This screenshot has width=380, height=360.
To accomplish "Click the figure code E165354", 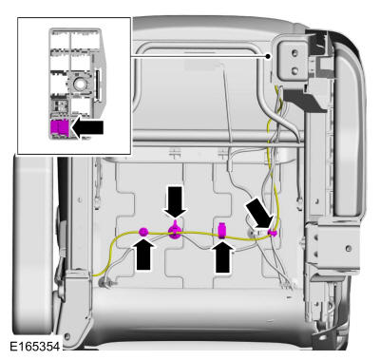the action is pos(34,346).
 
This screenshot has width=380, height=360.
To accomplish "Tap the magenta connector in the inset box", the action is pos(59,128).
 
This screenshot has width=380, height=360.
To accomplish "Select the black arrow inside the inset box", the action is pos(87,128).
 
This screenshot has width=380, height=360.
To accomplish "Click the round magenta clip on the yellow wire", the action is pos(143,233).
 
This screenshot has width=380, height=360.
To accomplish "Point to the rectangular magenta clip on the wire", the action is pos(222,230).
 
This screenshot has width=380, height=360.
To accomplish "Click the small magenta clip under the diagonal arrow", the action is pos(272,234).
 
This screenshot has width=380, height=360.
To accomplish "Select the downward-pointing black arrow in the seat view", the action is pos(175,202).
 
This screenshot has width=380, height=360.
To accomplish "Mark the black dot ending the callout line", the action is pos(268,56).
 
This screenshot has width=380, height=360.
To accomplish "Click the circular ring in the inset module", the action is pos(79,84).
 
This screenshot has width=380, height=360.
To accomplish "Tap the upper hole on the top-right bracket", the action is pos(294,52).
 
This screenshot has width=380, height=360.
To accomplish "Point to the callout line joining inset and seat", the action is pos(199,56).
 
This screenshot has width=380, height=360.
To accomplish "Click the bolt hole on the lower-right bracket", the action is pos(349,248).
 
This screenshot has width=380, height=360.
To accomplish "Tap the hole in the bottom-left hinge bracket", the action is pos(66,335).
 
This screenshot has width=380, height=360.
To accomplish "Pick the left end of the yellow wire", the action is pos(94,275).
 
